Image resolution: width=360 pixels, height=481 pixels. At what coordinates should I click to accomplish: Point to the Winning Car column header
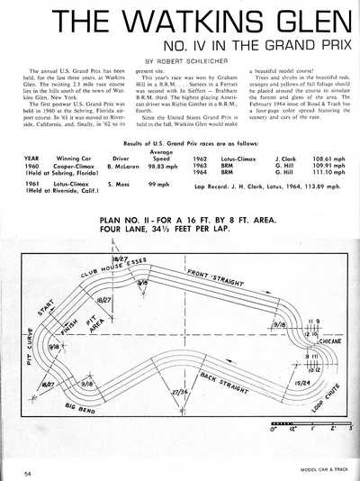tap(67, 159)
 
